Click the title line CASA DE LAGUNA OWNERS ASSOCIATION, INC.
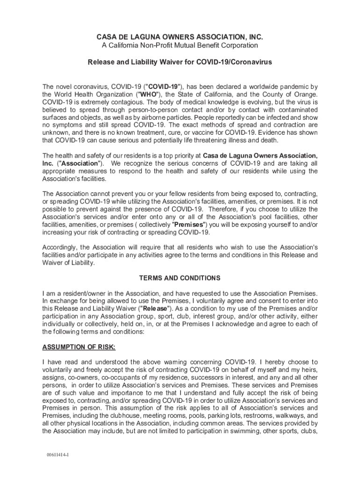(x=180, y=36)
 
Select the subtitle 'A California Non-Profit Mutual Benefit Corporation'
(x=180, y=45)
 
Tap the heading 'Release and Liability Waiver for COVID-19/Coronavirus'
(x=180, y=62)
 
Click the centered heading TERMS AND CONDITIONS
(x=180, y=278)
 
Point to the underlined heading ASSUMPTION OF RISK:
(x=79, y=347)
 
